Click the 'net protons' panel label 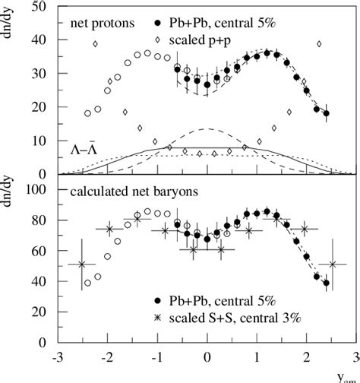pos(101,23)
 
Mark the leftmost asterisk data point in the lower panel pos(82,264)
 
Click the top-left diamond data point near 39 pos(95,44)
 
